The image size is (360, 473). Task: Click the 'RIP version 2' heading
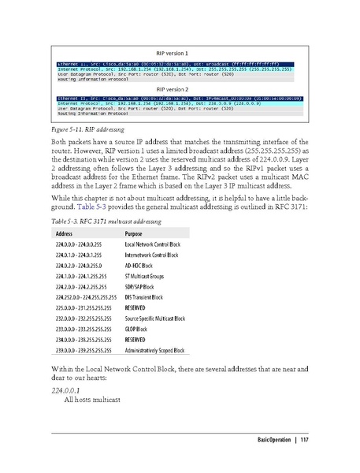179,89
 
